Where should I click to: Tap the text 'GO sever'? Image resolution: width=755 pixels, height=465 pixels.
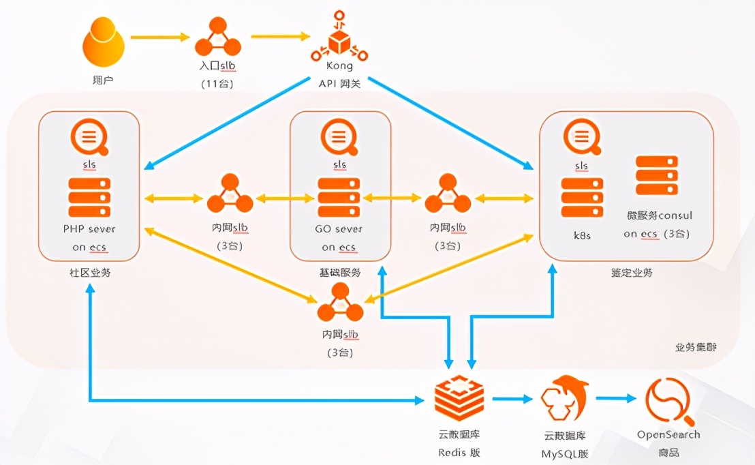339,229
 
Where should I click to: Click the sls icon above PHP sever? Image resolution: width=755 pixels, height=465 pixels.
89,138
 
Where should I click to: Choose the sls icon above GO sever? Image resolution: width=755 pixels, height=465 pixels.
339,138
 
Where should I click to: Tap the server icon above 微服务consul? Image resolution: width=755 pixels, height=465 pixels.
657,176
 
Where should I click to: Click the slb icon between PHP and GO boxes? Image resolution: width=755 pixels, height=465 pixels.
230,194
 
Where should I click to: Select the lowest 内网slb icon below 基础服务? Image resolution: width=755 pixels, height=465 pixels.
339,303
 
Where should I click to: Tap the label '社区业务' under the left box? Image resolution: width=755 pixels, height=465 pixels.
90,273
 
